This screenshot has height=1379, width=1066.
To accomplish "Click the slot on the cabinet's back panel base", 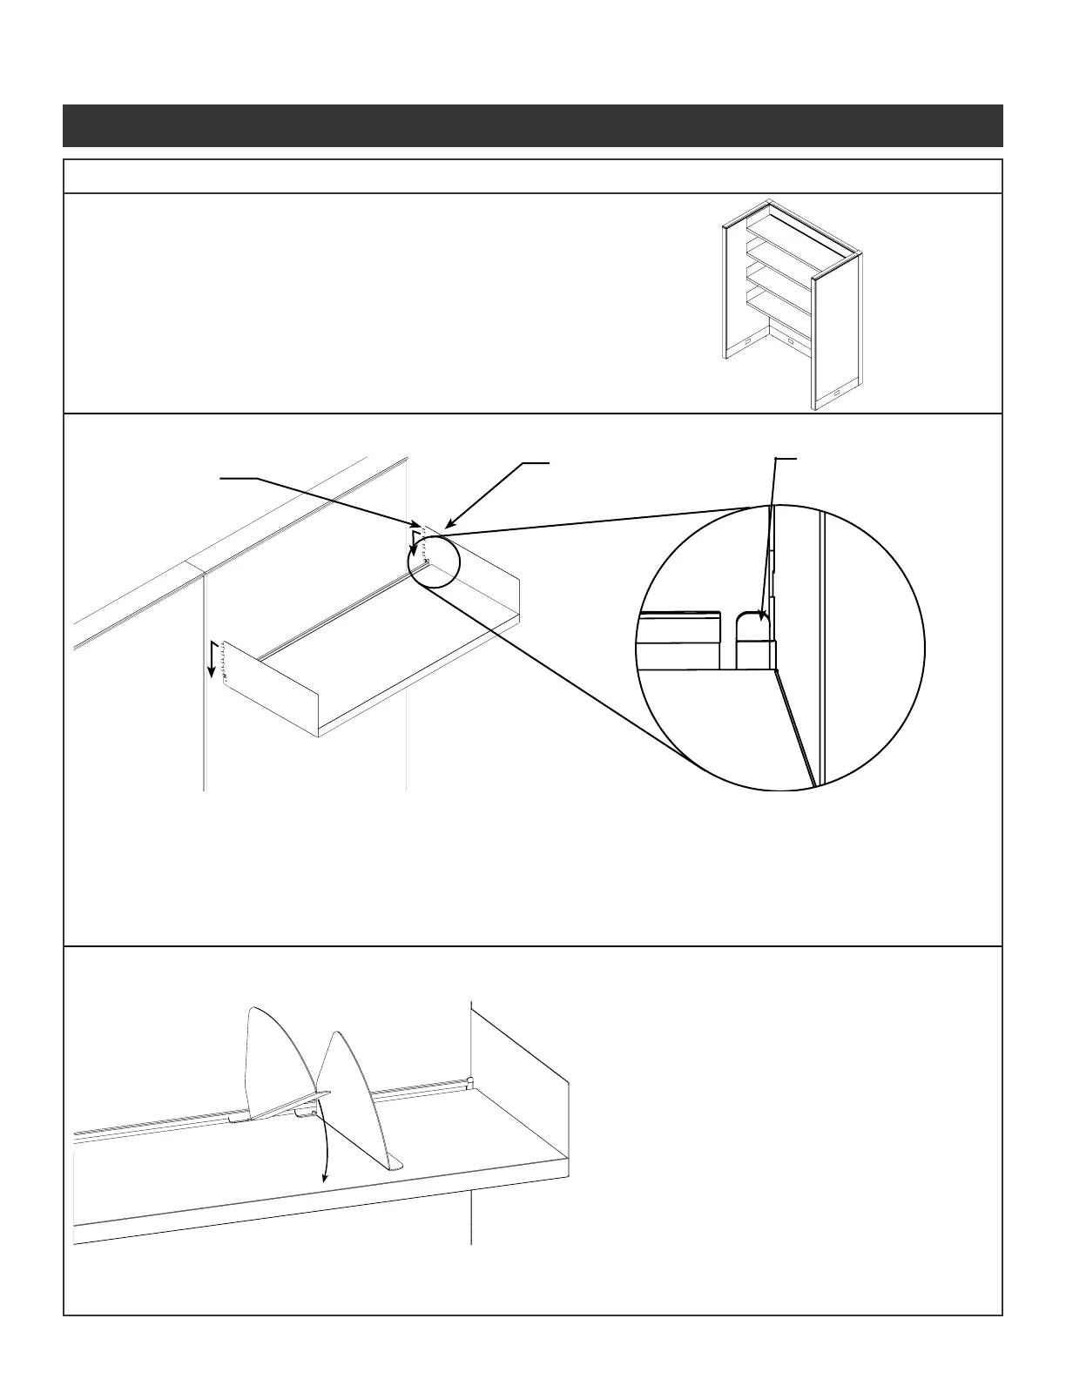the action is pos(790,340).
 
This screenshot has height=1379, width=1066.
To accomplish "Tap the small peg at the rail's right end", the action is pos(469,1082).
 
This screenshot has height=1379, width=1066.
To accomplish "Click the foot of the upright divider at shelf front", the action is pos(395,1163).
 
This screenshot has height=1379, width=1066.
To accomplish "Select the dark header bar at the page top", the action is pos(532,125).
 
